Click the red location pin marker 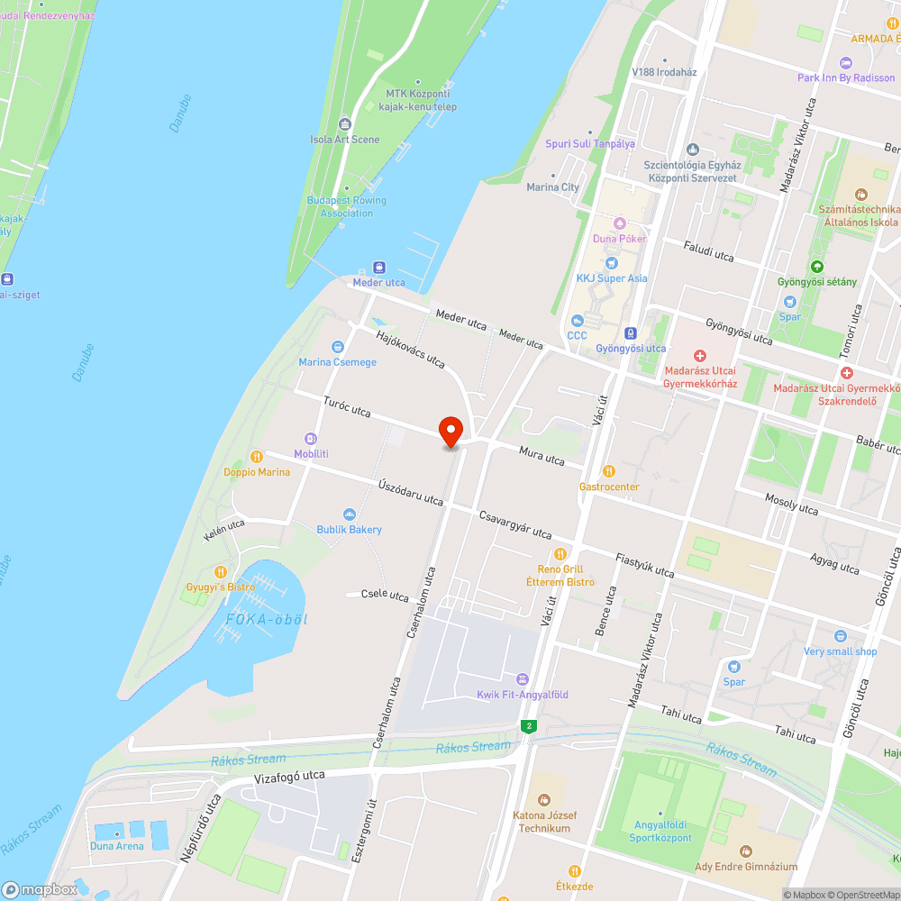pos(450,431)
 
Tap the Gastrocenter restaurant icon pos(609,470)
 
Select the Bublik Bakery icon pos(350,514)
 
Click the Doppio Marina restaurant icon pos(257,456)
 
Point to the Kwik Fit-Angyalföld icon pos(522,678)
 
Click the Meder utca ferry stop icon pos(379,268)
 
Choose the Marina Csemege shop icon pos(338,346)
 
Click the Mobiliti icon pos(311,438)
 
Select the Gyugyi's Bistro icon pos(221,571)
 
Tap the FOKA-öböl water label pos(268,620)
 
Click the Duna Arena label pos(116,846)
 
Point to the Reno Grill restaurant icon pos(560,553)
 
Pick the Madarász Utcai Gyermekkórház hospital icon pos(700,356)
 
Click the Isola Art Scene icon pos(344,123)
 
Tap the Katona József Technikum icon pos(544,799)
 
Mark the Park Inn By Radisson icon pos(846,62)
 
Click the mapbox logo pos(41,888)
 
